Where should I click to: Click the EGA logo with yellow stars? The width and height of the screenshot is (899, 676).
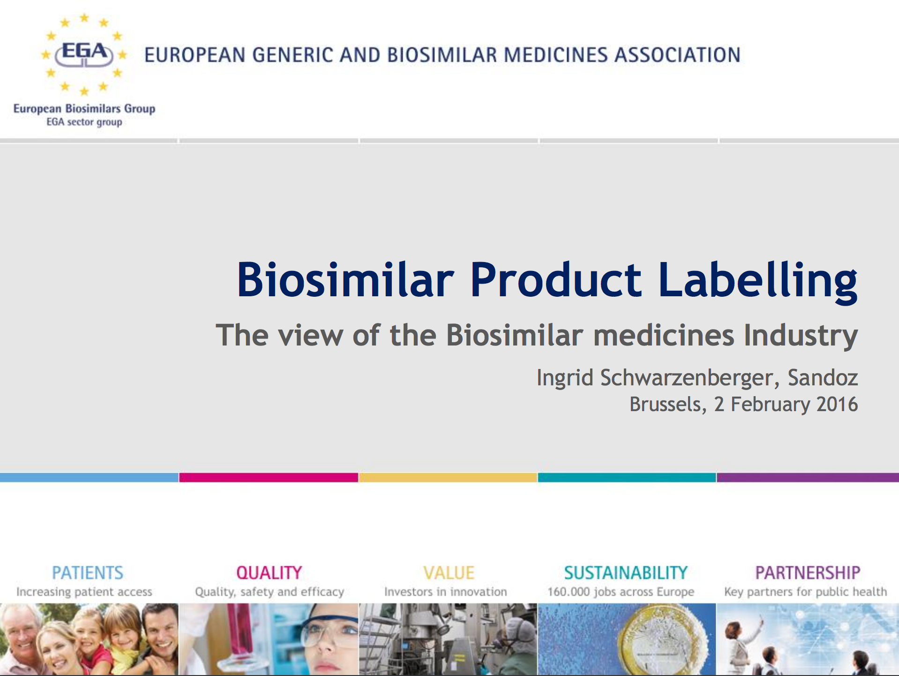coord(84,54)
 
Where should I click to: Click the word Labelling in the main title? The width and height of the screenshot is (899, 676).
coord(758,281)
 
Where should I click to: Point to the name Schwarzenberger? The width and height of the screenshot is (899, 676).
coord(687,378)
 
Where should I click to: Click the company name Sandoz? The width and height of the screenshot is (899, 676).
coord(823,377)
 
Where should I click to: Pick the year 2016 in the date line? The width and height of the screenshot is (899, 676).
coord(837,404)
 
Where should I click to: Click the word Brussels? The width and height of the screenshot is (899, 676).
coord(667,405)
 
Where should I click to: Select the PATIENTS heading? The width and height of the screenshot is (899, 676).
coord(88,573)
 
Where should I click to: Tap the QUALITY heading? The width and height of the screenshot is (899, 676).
coord(269,573)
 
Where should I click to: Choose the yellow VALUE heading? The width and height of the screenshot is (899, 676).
coord(449,573)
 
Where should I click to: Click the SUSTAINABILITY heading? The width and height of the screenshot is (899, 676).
coord(626,573)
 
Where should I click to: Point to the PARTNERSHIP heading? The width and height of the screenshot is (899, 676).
coord(808,573)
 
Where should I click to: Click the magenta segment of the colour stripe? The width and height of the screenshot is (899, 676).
coord(269,477)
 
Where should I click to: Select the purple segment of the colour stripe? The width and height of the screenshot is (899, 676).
coord(808,477)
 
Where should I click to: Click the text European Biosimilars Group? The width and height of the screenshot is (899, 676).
coord(84,109)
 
